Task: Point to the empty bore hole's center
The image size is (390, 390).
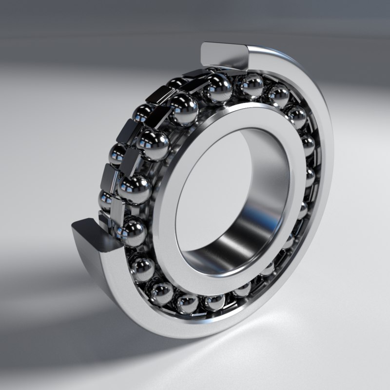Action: (229, 195)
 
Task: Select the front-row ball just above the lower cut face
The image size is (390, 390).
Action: (131, 231)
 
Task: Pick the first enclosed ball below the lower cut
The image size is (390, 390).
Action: (142, 268)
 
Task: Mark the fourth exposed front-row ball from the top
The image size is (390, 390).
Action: (134, 189)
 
